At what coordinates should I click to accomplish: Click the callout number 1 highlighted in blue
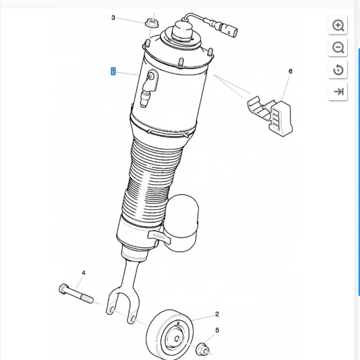click(113, 71)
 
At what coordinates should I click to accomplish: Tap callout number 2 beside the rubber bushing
click(217, 314)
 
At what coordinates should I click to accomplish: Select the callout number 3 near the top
click(113, 18)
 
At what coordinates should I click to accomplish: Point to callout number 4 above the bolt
click(83, 273)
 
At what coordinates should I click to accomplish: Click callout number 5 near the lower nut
click(217, 330)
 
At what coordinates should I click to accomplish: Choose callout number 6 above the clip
click(290, 71)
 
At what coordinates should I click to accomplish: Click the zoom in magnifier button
click(338, 25)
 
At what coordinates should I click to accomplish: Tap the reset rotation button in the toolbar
click(338, 70)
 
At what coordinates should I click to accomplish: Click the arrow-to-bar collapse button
click(338, 92)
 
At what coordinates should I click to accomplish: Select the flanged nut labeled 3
click(152, 22)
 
